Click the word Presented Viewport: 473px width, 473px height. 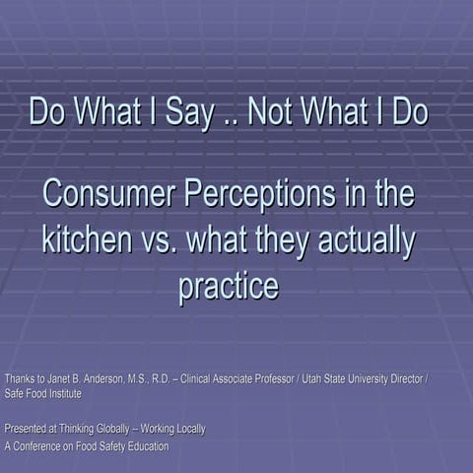[x=28, y=429]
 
